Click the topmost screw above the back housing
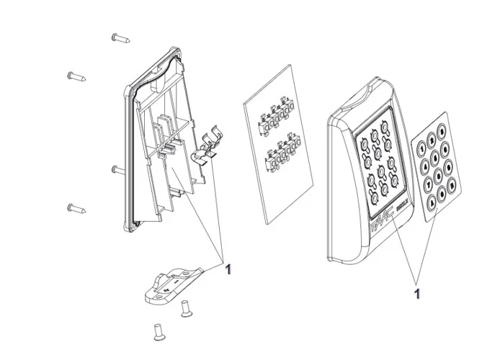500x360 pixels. click(120, 38)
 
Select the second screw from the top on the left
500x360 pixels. click(77, 76)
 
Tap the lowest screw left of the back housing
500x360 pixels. click(77, 209)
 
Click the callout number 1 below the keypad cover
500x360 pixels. click(416, 293)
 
